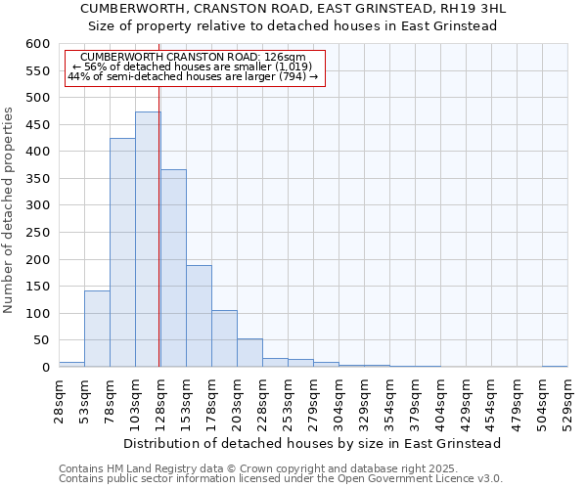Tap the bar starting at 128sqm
point(173,268)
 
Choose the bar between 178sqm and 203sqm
point(224,338)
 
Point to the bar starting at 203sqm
point(249,353)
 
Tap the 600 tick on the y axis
point(37,44)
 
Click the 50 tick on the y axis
point(40,340)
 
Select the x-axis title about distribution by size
point(313,443)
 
